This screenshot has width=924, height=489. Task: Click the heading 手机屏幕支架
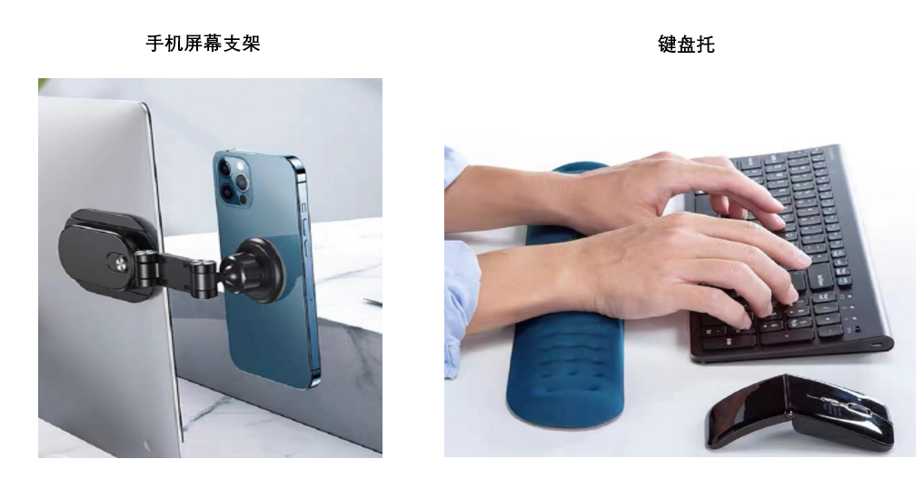203,43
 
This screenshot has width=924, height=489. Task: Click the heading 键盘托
686,45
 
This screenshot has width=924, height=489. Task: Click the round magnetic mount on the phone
259,270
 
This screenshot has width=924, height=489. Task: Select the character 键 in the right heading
667,45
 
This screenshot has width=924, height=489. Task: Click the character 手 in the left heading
154,43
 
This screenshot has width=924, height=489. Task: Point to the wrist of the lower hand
566,277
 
